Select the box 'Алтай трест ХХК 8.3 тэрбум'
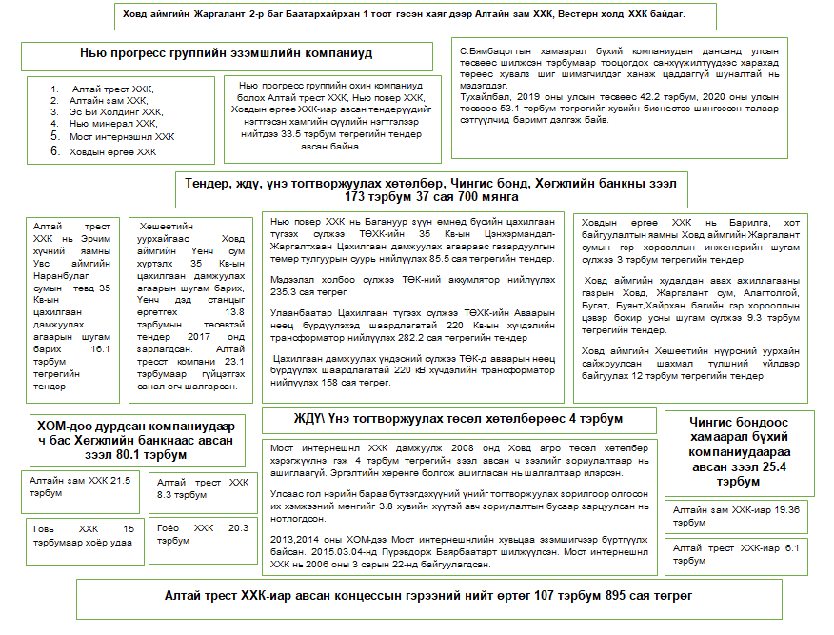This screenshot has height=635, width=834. (204, 488)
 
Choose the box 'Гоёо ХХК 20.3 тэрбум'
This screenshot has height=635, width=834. (203, 533)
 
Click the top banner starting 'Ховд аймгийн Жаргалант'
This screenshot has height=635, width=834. (405, 16)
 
